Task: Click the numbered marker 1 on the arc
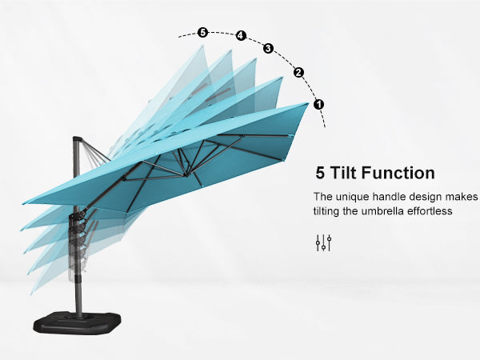pos(318,104)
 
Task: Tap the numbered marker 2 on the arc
pos(298,73)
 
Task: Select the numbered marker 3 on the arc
pos(268,48)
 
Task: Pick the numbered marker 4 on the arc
pos(241,35)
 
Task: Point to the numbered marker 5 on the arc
pos(202,32)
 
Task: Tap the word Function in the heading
pos(398,173)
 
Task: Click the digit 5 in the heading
pos(320,173)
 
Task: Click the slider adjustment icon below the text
pos(323,243)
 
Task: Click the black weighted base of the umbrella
pos(77,322)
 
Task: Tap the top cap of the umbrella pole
pos(77,138)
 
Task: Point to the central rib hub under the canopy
pos(186,174)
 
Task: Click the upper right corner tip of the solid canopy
pos(309,103)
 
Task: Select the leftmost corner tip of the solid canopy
pos(23,203)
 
